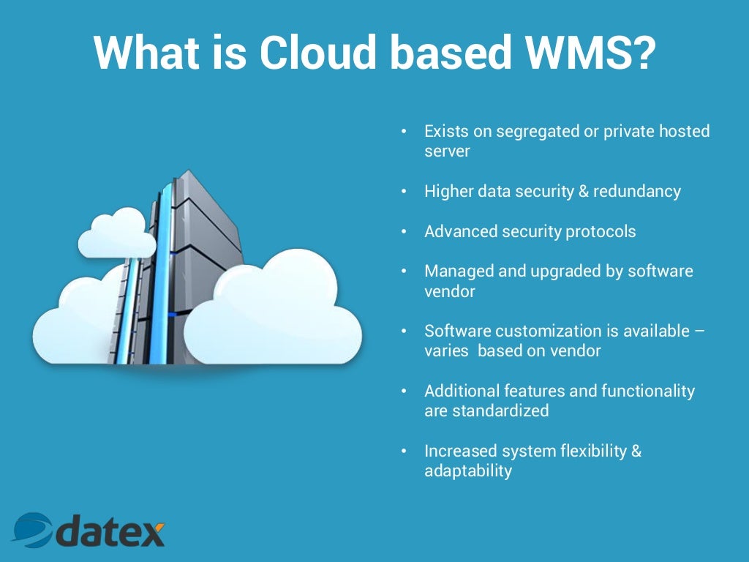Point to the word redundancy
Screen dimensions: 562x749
637,192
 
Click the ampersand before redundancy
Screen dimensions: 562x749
581,192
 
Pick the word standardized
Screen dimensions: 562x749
500,411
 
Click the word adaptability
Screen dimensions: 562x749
468,471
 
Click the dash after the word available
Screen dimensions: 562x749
700,331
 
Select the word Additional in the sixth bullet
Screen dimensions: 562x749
458,391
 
